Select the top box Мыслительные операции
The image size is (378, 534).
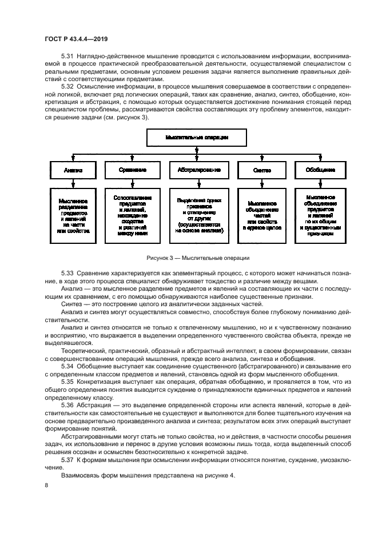(x=196, y=138)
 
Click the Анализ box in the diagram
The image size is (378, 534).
(x=73, y=170)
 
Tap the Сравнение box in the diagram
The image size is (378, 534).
(x=133, y=170)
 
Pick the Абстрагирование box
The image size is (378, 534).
(x=196, y=170)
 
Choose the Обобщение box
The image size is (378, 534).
(x=320, y=170)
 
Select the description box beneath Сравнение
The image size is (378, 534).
(x=133, y=214)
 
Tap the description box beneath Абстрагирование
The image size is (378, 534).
(x=196, y=214)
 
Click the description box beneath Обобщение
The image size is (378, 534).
(x=320, y=214)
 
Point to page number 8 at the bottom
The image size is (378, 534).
(x=47, y=484)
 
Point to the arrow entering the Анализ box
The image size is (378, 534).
(x=73, y=158)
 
